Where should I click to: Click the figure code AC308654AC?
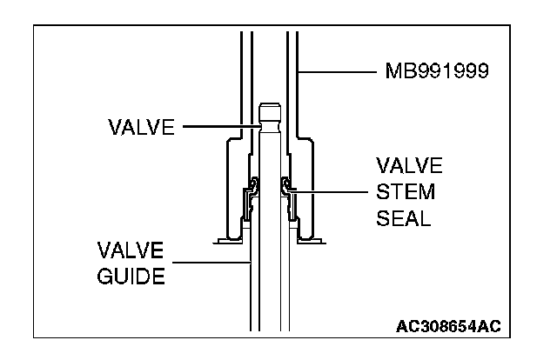pos(449,326)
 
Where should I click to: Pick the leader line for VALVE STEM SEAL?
pos(330,190)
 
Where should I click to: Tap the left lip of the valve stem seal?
pos(253,183)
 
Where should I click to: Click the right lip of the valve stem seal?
pos(286,183)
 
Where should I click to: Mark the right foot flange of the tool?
pos(316,238)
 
